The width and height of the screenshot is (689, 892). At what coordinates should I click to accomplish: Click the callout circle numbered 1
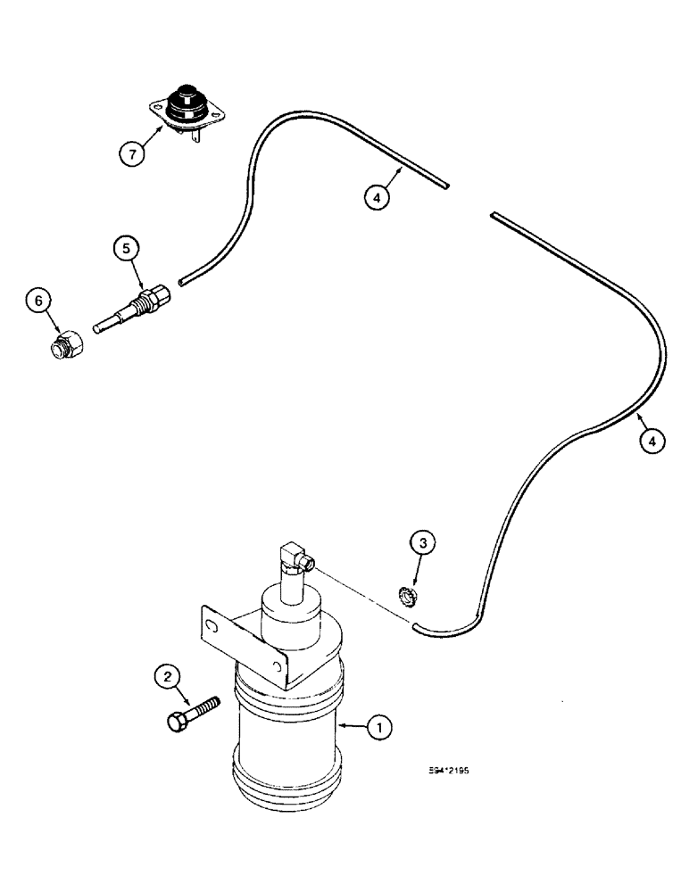379,730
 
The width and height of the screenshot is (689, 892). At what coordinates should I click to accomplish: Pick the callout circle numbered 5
126,248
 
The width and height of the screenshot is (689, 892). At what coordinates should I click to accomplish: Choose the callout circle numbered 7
132,153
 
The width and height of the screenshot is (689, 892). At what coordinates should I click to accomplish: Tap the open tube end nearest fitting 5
180,282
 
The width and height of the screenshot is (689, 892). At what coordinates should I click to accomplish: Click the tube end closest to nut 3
417,628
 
